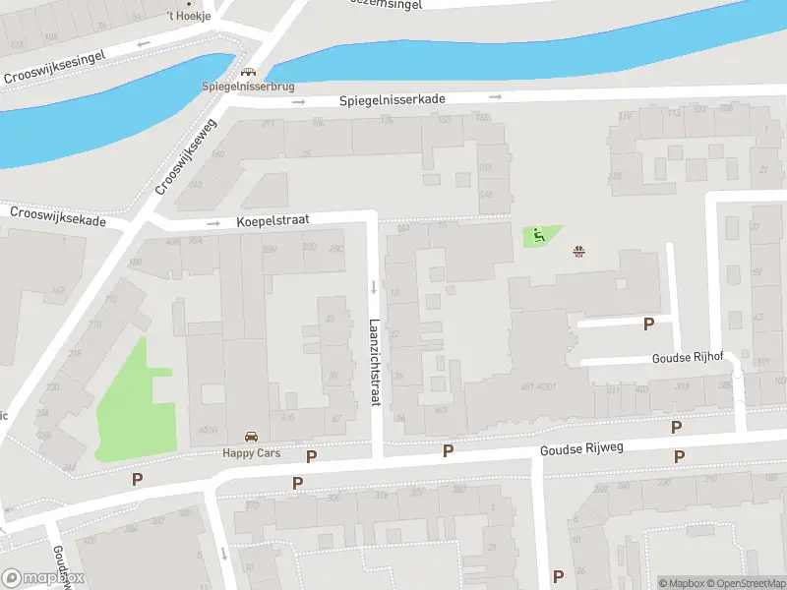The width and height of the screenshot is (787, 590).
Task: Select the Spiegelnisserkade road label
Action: click(393, 100)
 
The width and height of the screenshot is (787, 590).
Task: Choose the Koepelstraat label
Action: click(272, 223)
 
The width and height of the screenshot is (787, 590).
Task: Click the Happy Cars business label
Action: click(251, 452)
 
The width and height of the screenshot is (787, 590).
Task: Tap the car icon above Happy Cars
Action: click(251, 437)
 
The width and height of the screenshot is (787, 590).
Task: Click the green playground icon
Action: click(538, 235)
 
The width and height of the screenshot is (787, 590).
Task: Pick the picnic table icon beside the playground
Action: click(579, 251)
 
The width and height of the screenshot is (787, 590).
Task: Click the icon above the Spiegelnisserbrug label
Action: click(247, 72)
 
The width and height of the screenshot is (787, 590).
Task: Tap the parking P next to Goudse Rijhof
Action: click(648, 324)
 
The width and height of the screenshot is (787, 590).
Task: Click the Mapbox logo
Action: click(42, 578)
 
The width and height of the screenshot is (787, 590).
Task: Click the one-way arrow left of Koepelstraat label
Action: click(212, 223)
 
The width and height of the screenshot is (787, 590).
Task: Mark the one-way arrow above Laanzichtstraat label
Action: click(374, 287)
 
